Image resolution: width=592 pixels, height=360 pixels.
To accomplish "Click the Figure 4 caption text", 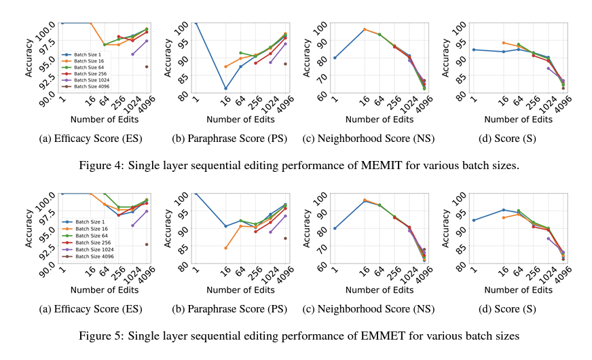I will pos(296,165).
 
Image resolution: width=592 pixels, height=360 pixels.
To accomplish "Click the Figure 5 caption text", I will pos(296,336).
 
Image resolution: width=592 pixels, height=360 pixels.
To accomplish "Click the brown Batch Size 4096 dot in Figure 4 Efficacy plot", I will pos(147,67).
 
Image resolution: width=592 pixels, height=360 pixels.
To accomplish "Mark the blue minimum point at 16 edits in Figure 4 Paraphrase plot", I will pos(225,88).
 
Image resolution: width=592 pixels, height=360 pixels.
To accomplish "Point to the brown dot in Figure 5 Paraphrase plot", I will pos(285,238).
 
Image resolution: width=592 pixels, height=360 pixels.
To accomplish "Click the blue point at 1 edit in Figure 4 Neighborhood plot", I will pos(335,58).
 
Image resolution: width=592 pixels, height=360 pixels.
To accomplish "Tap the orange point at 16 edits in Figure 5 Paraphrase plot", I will pos(225,248).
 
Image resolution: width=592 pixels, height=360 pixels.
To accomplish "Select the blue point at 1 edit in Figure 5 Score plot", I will pos(474,220).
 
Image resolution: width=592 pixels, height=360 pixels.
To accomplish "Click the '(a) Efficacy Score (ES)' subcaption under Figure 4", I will pos(88,139).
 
